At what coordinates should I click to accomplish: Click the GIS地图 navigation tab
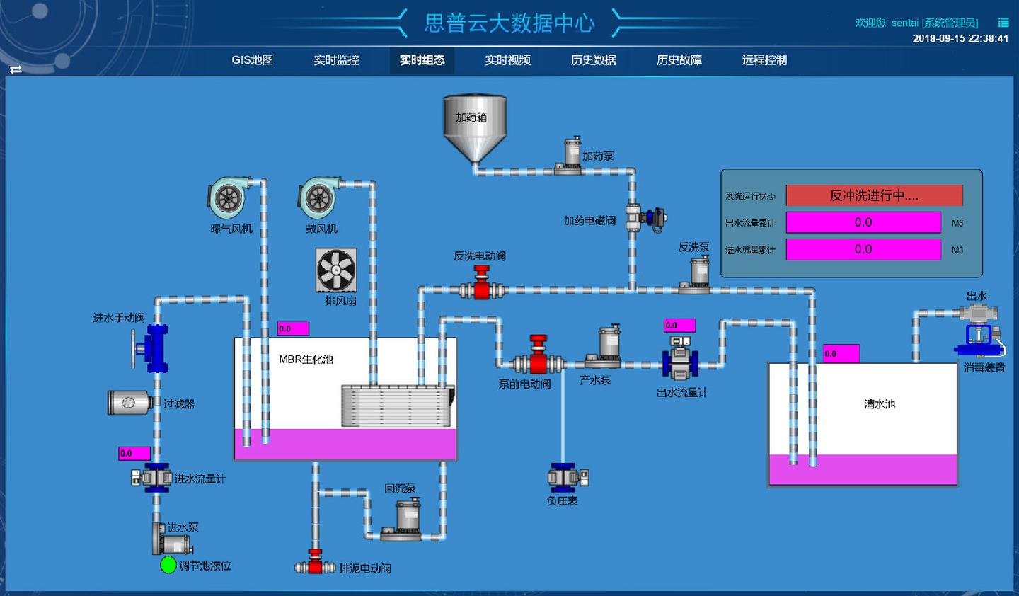252,60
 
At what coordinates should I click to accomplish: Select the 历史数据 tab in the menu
593,60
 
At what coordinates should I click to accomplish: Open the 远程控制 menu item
764,60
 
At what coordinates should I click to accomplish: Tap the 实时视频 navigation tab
507,60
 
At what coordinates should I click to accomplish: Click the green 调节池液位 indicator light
168,565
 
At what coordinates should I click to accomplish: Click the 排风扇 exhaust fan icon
336,270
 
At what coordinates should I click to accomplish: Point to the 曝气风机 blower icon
229,197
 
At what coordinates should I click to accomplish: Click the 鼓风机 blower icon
319,197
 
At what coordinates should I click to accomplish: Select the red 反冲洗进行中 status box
874,195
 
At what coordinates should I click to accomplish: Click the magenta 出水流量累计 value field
863,222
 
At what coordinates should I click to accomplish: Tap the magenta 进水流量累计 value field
863,249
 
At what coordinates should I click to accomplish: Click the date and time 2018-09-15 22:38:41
960,38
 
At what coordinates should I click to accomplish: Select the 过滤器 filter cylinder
129,402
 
